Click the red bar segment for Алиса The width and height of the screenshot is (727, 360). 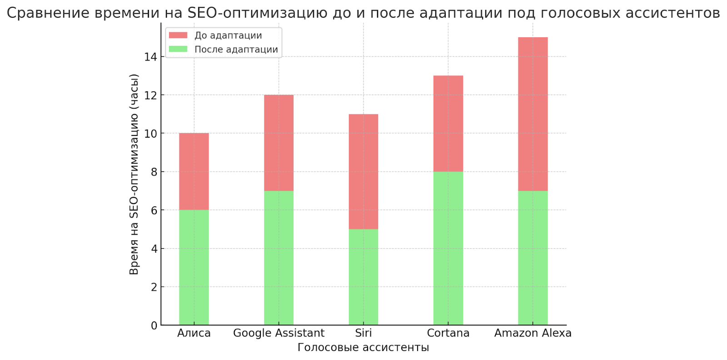194,171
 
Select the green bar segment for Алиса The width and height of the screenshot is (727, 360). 194,267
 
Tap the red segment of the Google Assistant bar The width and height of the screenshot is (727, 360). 279,143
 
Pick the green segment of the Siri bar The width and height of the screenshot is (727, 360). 363,277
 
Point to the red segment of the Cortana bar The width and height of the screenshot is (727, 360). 448,124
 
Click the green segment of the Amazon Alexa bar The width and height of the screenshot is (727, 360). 533,258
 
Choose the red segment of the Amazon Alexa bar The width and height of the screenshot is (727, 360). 533,114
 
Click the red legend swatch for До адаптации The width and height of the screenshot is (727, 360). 178,35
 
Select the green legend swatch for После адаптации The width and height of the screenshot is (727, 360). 178,49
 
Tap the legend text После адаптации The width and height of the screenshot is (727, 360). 236,49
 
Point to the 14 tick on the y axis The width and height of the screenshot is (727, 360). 151,57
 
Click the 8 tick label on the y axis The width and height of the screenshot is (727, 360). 154,172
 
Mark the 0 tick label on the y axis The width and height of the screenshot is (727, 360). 154,325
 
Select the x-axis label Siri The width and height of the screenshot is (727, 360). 363,333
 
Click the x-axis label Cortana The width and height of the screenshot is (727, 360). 448,333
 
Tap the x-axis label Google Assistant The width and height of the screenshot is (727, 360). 279,333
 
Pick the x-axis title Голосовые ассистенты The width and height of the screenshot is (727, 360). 363,348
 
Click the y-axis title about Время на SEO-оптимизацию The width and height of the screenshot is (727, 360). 134,174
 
